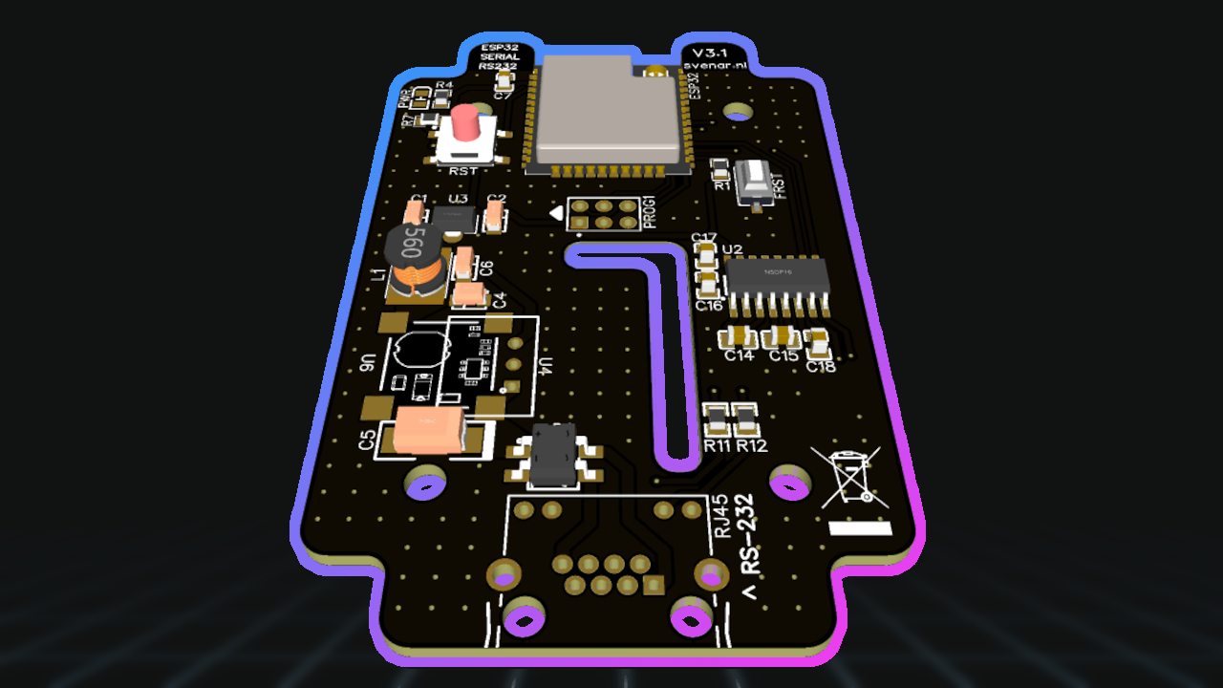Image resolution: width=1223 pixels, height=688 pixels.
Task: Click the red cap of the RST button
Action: pos(466,122)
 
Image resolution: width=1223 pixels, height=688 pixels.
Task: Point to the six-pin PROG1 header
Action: pos(603,214)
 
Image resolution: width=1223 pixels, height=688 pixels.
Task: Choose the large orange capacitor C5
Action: pos(430,430)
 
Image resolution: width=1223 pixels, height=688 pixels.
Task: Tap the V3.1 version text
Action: pos(710,52)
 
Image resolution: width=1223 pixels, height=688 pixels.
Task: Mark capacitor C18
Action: pos(818,342)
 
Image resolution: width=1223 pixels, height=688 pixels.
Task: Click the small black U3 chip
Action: pos(453,218)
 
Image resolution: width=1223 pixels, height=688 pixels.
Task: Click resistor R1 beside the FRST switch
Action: pos(720,170)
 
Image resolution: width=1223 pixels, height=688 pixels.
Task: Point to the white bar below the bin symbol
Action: pos(860,527)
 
